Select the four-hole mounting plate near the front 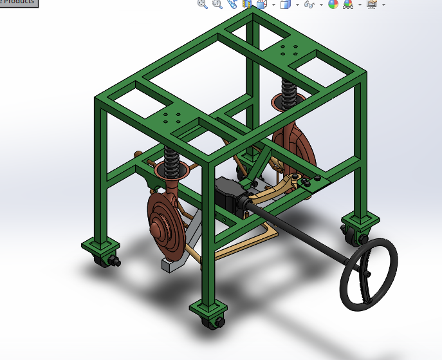[173, 117]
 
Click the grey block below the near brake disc [172, 264]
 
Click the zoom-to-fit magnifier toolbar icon [203, 5]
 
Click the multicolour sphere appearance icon [333, 5]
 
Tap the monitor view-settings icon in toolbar [371, 5]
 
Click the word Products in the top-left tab [19, 2]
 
